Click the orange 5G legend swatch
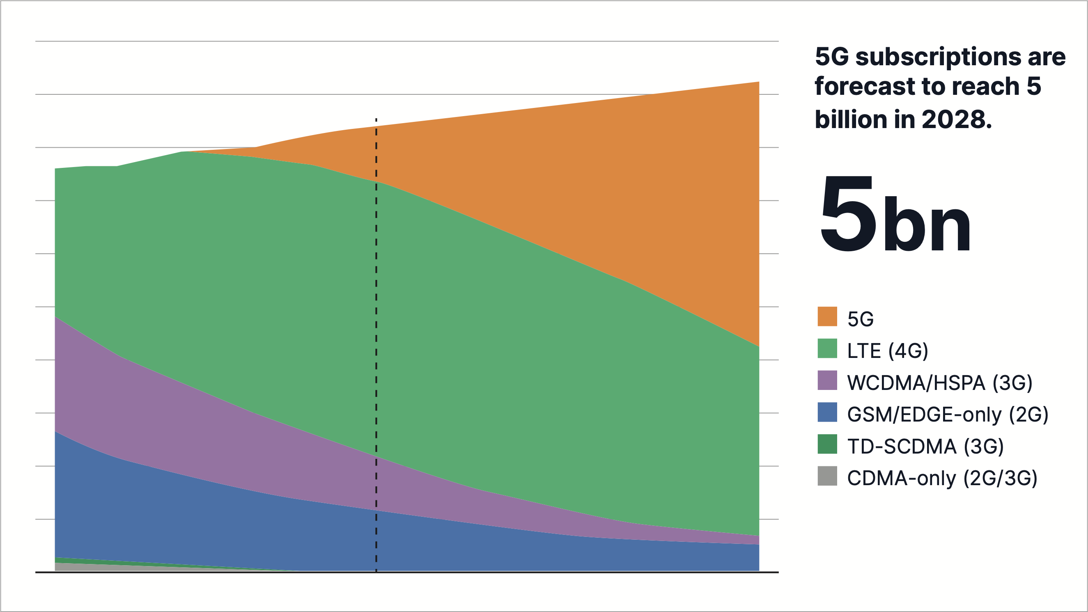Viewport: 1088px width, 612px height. click(827, 316)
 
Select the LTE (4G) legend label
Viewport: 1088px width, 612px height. click(887, 351)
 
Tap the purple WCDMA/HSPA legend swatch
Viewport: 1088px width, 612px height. click(827, 380)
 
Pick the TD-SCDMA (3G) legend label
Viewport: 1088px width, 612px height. click(925, 447)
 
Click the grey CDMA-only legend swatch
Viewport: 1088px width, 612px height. click(827, 476)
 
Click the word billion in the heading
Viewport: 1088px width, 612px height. click(851, 119)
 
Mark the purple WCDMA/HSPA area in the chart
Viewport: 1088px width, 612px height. click(169, 406)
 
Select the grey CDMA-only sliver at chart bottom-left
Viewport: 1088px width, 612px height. click(85, 567)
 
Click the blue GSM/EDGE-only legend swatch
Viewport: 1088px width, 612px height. click(827, 412)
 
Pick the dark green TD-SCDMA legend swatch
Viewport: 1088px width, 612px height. click(827, 444)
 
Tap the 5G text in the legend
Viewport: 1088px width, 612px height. click(861, 319)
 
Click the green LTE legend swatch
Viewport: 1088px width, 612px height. click(827, 348)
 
